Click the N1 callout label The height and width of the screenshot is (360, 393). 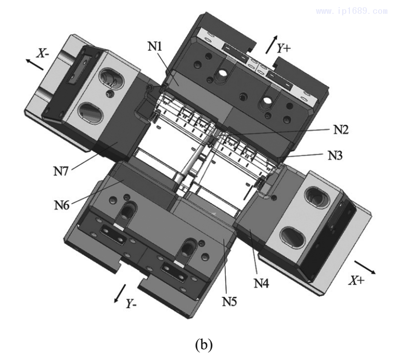(x=154, y=46)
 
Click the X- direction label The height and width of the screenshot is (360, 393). (x=43, y=53)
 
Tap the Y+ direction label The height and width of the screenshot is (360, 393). (x=284, y=48)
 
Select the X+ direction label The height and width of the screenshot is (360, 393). (x=358, y=280)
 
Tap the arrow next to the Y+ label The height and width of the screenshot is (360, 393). (x=270, y=45)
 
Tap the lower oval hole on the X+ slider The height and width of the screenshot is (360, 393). (x=293, y=237)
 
